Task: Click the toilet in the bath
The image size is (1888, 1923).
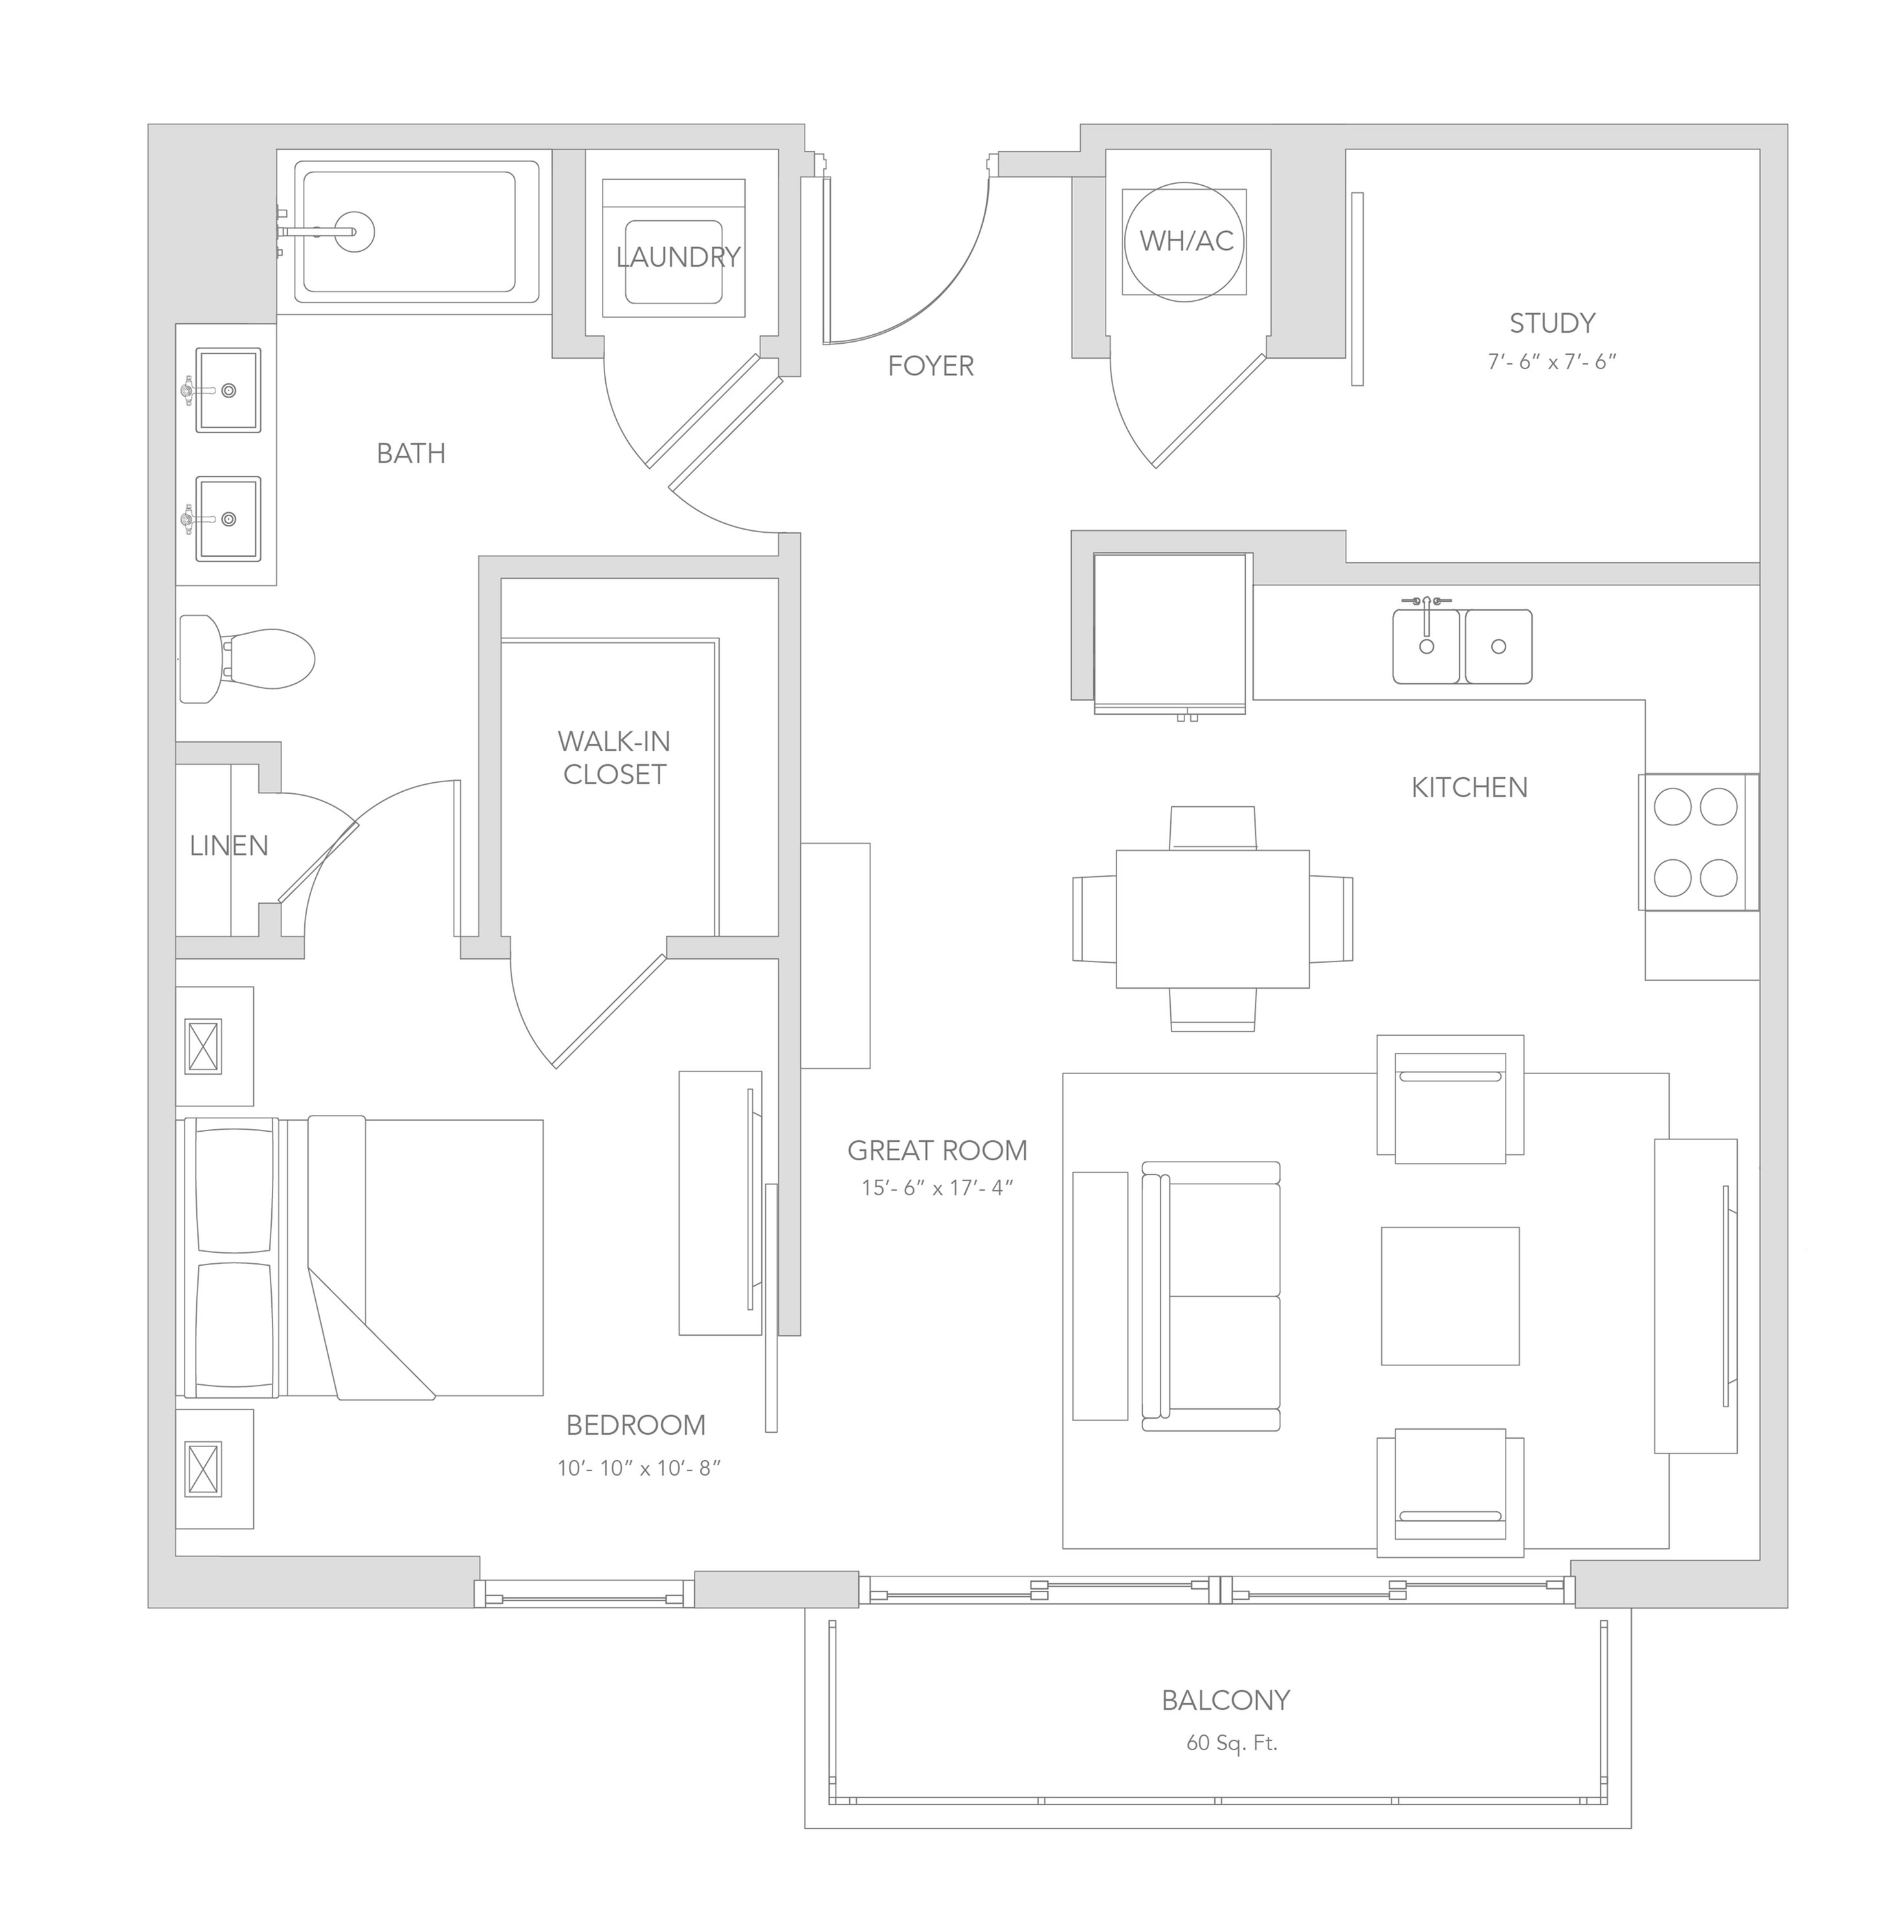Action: [247, 658]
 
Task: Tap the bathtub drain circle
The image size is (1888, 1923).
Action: [352, 232]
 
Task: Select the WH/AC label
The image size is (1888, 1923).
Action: [1186, 240]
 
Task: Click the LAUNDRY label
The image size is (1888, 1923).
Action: [678, 257]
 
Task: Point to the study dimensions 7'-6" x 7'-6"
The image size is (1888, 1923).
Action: [1552, 362]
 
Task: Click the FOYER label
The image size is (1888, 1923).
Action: [930, 366]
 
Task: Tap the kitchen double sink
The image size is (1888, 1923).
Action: [1461, 645]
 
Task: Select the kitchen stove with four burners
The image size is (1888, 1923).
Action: [1698, 842]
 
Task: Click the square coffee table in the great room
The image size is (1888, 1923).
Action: [1450, 1296]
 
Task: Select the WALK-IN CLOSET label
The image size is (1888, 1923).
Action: [614, 758]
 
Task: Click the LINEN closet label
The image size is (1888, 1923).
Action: [229, 846]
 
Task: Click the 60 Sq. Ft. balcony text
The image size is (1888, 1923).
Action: [1232, 1742]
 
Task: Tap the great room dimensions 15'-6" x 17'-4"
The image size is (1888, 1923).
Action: [937, 1186]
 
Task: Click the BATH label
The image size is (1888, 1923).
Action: [410, 453]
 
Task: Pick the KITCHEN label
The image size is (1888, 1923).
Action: [1469, 787]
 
